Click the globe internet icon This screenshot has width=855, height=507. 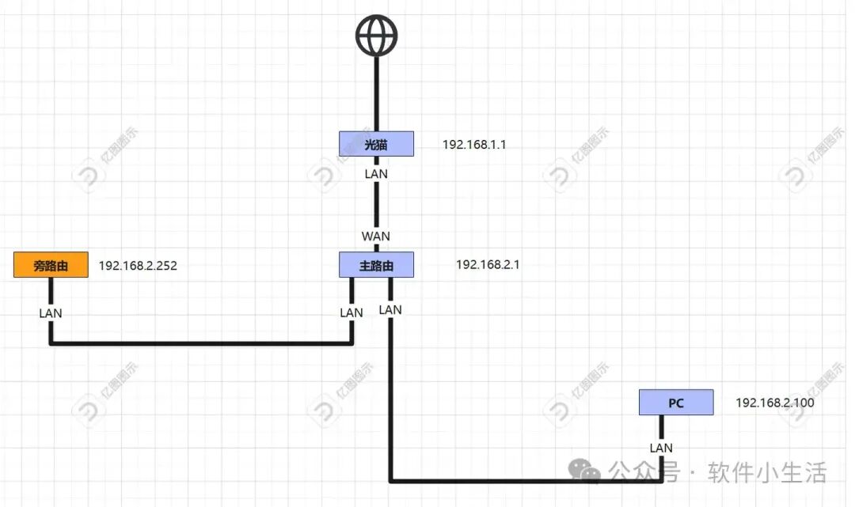pyautogui.click(x=376, y=36)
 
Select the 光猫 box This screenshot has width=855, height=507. pyautogui.click(x=376, y=144)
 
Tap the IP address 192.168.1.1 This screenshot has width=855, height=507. pyautogui.click(x=473, y=145)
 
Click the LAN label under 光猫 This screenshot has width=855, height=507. pyautogui.click(x=376, y=173)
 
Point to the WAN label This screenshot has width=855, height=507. pyautogui.click(x=376, y=236)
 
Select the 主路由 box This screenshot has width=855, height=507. pyautogui.click(x=376, y=265)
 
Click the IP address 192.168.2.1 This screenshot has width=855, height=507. pyautogui.click(x=488, y=265)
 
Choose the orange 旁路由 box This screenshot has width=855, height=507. pyautogui.click(x=51, y=265)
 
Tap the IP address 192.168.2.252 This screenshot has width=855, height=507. pyautogui.click(x=138, y=266)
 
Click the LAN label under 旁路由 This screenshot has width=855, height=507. pyautogui.click(x=51, y=312)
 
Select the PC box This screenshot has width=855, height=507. pyautogui.click(x=676, y=403)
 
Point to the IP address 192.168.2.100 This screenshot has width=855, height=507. pyautogui.click(x=775, y=403)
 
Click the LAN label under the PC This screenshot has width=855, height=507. pyautogui.click(x=661, y=448)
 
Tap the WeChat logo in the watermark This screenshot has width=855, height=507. pyautogui.click(x=587, y=472)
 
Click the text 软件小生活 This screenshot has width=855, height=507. pyautogui.click(x=768, y=472)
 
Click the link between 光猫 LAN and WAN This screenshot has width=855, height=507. pyautogui.click(x=376, y=204)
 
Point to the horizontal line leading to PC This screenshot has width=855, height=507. pyautogui.click(x=522, y=480)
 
